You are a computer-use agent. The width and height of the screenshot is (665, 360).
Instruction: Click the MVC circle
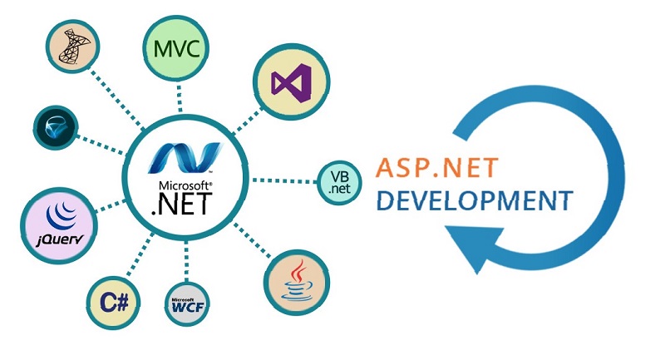pos(176,47)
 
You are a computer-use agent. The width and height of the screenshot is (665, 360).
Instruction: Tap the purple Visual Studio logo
pos(292,83)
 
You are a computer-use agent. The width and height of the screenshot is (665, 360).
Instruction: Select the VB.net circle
pos(340,183)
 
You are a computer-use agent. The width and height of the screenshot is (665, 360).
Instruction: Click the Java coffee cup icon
pos(297,281)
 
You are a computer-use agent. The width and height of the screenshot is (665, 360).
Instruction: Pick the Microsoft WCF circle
pos(187,304)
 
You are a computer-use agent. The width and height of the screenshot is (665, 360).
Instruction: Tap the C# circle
pos(113,303)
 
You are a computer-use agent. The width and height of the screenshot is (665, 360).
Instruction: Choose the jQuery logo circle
pos(59,225)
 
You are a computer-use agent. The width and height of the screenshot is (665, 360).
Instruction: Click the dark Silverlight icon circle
pos(56,128)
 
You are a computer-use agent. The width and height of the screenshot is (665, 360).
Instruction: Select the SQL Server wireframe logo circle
pos(72,46)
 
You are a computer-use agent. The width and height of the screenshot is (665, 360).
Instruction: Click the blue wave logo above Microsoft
pos(185,158)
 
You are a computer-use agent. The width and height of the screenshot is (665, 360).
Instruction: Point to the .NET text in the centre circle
pos(182,204)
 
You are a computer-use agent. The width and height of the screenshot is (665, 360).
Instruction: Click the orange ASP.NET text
pos(437,167)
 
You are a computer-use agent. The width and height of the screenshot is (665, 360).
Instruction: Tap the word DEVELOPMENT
pos(475,200)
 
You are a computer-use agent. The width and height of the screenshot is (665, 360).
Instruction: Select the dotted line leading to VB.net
pos(284,181)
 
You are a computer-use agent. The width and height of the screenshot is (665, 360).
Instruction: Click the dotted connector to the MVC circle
pos(180,98)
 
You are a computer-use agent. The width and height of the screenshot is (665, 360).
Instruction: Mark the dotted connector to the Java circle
pos(252,240)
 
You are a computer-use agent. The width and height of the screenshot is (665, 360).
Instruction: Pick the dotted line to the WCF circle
pos(186,261)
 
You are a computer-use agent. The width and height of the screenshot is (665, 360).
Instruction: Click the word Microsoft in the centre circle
pos(185,185)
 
